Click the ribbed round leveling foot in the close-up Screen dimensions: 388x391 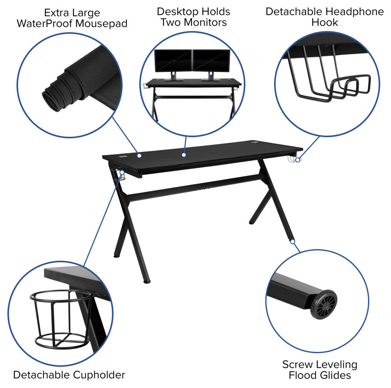pyautogui.click(x=323, y=305)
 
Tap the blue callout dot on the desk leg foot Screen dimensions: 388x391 pyautogui.click(x=293, y=241)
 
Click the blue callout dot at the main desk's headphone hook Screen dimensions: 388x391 pyautogui.click(x=298, y=160)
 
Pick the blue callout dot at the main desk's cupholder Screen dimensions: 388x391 pyautogui.click(x=122, y=172)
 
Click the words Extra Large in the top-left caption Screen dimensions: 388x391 pyautogui.click(x=72, y=13)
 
